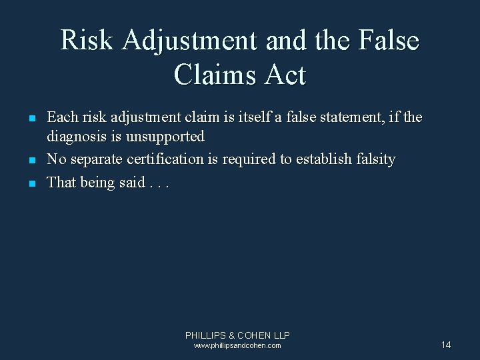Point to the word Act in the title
287,75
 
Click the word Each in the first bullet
61,117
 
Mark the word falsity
374,160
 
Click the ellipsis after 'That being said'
160,183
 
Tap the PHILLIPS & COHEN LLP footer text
237,335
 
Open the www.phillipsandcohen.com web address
237,345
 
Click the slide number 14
446,344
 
